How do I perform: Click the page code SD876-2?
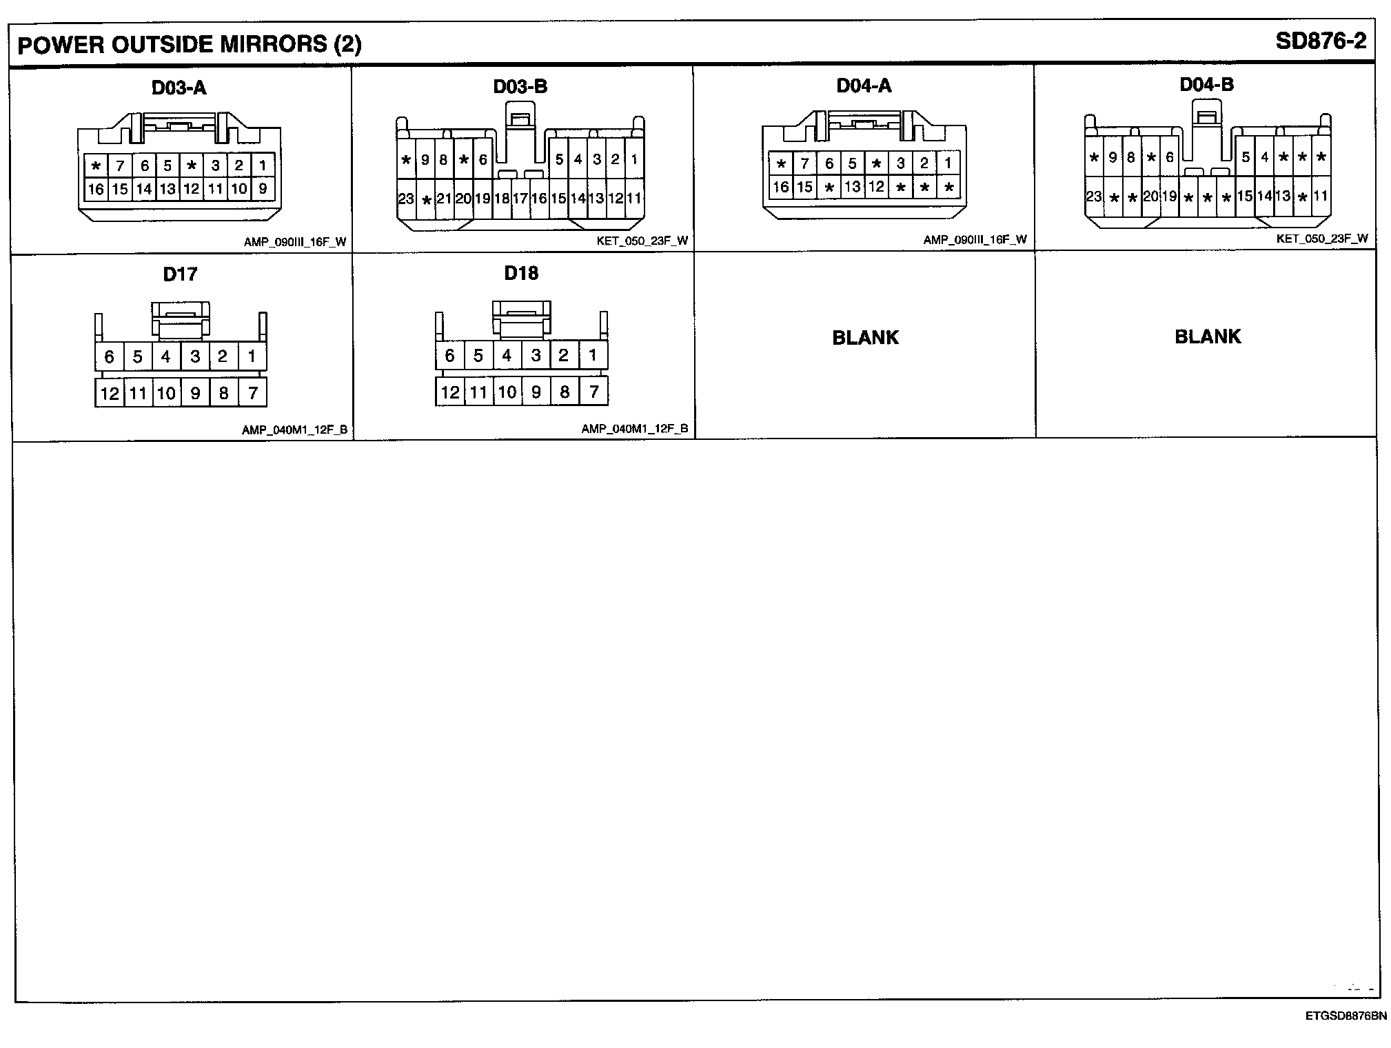coord(1320,41)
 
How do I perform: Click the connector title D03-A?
coord(179,88)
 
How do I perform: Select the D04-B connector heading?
coord(1206,85)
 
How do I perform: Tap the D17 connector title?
coord(180,274)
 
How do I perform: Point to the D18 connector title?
coord(521,273)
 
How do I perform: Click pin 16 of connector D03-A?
coord(96,189)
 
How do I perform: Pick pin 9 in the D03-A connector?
coord(263,188)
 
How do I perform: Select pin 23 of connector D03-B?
coord(406,199)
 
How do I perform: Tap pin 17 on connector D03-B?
coord(520,199)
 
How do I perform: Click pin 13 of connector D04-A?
coord(853,186)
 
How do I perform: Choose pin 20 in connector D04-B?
coord(1150,196)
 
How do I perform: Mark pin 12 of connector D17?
coord(110,393)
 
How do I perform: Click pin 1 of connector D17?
coord(252,356)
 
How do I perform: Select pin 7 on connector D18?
coord(593,392)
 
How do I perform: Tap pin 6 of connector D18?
coord(450,356)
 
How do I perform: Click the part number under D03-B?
coord(642,241)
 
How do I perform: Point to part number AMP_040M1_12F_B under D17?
coord(294,430)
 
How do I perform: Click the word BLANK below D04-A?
coord(865,338)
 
